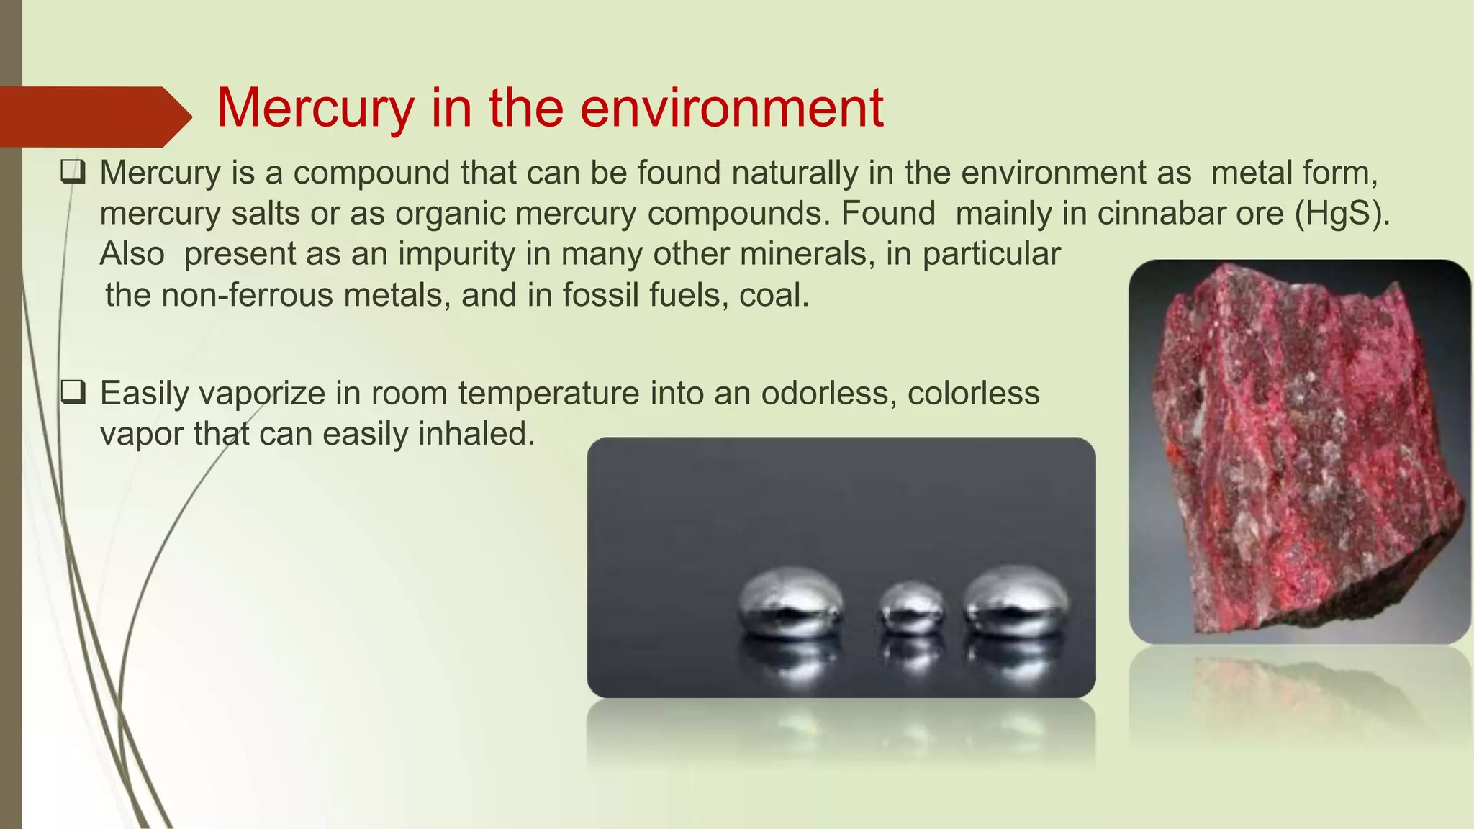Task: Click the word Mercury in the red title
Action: click(315, 108)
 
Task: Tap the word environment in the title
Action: click(732, 108)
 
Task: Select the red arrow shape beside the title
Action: click(94, 117)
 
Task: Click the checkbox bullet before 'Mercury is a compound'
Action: click(73, 173)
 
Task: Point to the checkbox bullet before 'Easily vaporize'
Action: click(73, 393)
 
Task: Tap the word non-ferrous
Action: click(247, 295)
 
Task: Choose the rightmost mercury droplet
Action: click(1016, 600)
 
